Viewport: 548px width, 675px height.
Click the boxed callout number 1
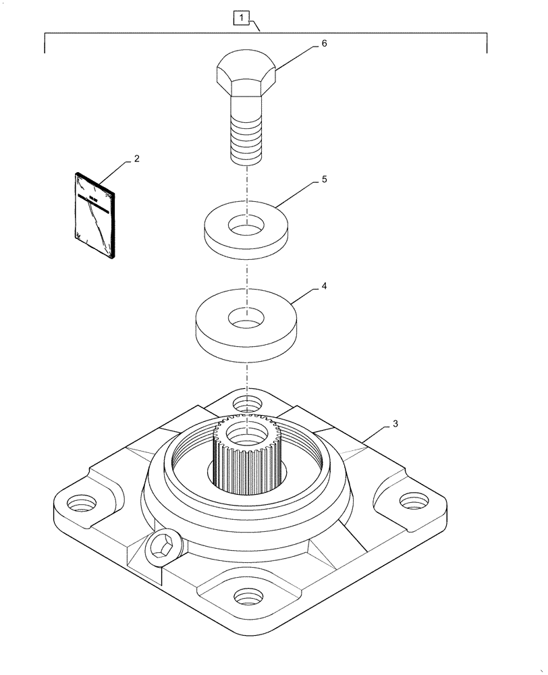(242, 16)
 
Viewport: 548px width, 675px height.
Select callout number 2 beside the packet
(137, 159)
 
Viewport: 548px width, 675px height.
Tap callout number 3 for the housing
(395, 424)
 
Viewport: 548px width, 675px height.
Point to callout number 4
(324, 286)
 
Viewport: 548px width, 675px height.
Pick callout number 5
(324, 181)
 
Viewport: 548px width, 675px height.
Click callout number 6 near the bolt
(324, 43)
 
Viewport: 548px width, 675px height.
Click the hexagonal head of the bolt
(246, 74)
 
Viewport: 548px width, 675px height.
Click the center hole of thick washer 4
(247, 315)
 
